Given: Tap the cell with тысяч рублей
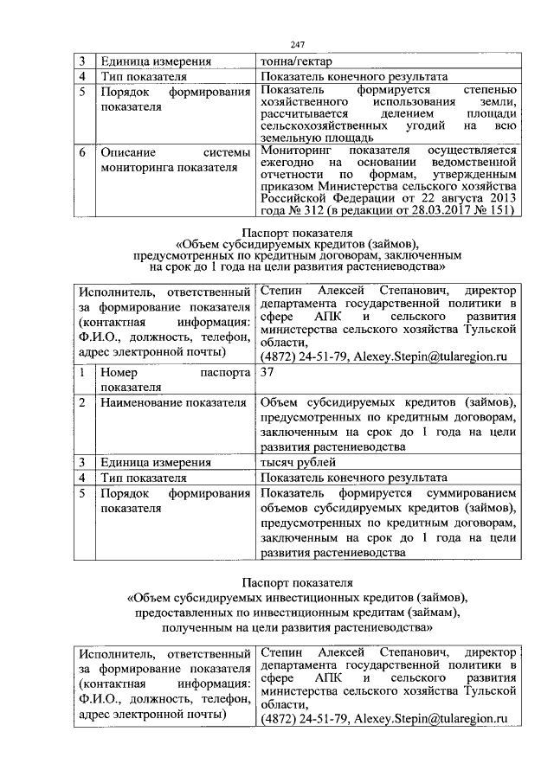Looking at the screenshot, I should [295, 462].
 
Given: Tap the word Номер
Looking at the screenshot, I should [118, 372].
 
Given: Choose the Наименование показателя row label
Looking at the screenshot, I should [164, 402].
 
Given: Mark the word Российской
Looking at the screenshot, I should [294, 198].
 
